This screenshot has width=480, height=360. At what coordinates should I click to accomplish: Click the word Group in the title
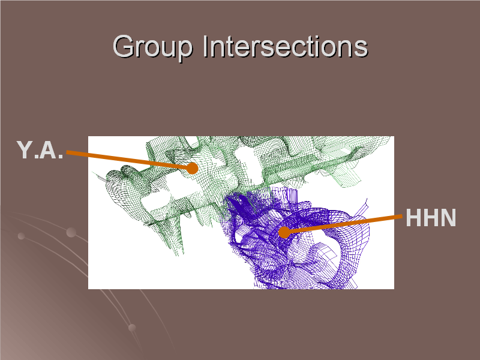click(153, 47)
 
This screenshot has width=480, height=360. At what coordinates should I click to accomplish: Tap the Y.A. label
click(40, 149)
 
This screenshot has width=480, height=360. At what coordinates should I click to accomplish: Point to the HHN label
click(431, 218)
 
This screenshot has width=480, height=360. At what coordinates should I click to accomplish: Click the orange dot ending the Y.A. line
click(192, 168)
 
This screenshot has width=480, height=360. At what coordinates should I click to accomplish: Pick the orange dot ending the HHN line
click(284, 232)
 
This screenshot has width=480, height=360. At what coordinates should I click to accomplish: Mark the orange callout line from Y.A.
click(128, 160)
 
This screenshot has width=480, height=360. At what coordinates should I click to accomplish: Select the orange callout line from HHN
click(343, 224)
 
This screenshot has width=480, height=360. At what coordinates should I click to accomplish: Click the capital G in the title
click(124, 46)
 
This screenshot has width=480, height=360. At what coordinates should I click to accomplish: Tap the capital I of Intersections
click(205, 46)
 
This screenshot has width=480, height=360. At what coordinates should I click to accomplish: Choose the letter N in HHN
click(448, 218)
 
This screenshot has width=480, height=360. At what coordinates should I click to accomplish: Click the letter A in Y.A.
click(48, 149)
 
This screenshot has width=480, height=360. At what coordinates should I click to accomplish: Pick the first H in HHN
click(413, 218)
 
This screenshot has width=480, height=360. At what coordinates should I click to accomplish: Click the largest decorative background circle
click(71, 232)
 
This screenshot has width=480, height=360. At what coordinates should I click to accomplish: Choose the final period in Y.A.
click(61, 157)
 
